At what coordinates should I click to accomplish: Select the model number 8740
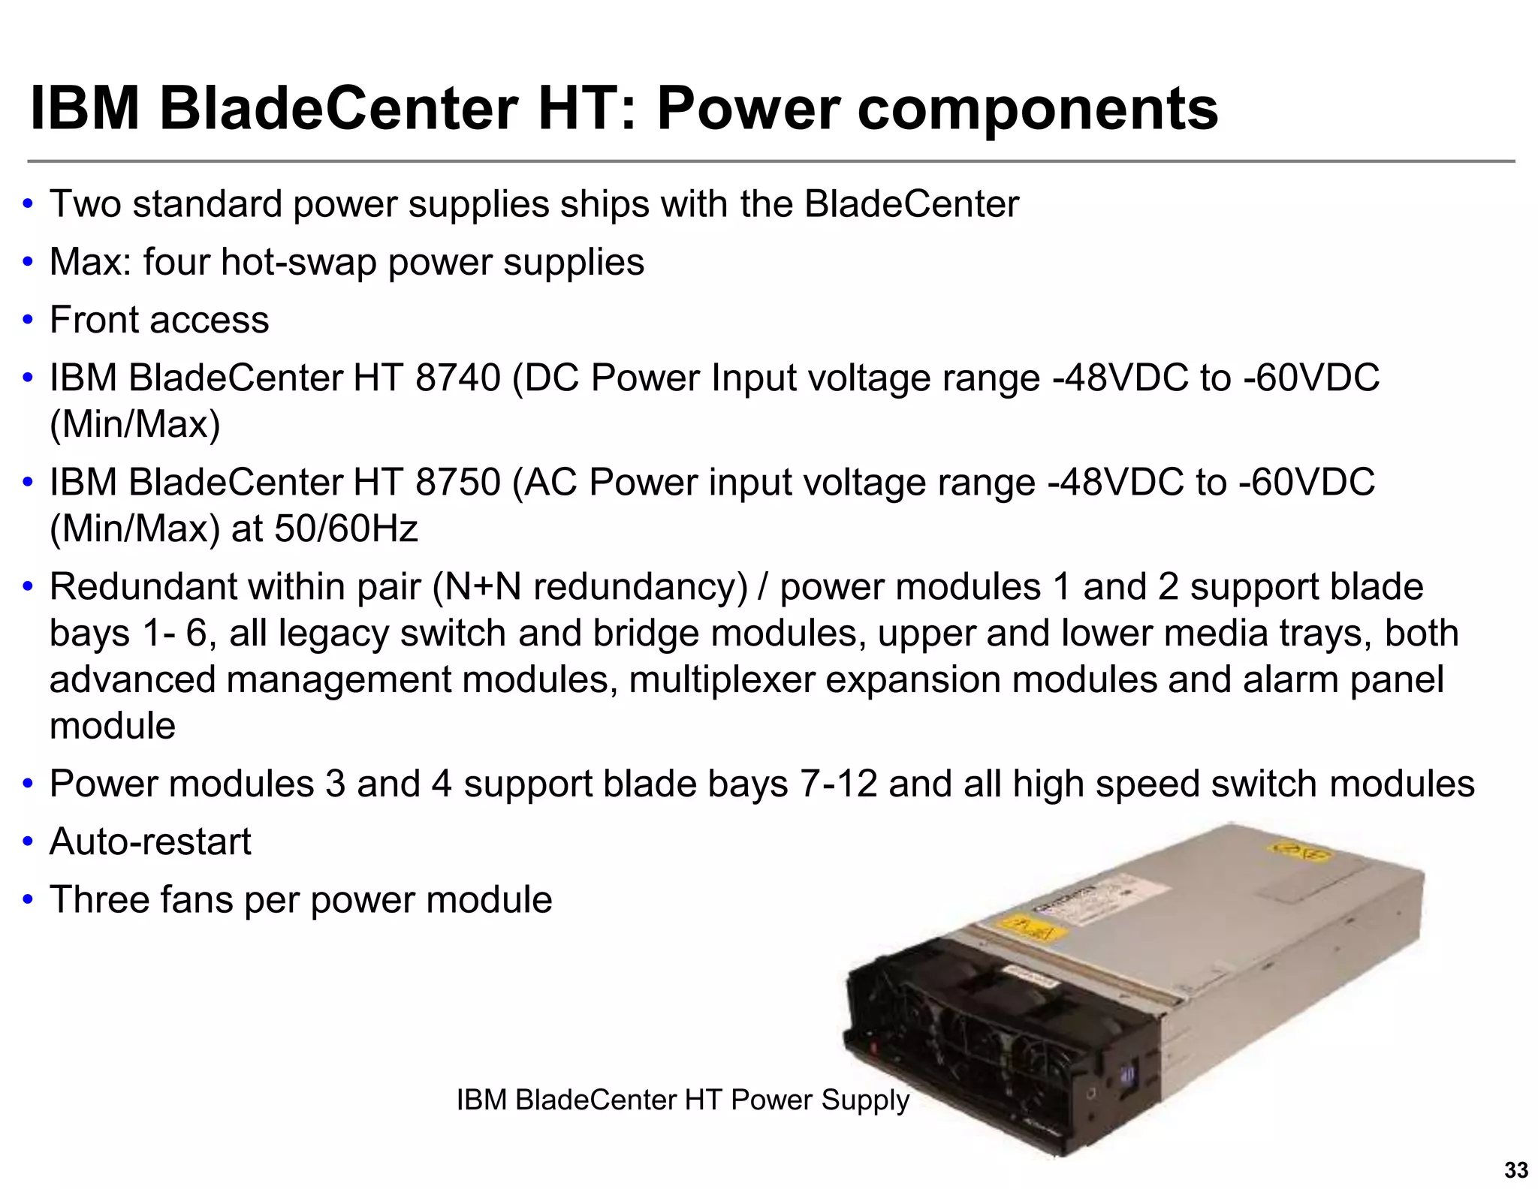[457, 378]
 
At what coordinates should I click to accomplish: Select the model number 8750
[457, 482]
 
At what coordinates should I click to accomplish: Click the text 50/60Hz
[346, 528]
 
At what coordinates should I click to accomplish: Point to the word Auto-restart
[150, 841]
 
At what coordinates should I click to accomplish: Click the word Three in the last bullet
[99, 899]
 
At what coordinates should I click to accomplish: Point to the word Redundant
[143, 586]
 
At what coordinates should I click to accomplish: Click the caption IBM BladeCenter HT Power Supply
[683, 1100]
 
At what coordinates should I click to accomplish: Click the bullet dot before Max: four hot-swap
[28, 263]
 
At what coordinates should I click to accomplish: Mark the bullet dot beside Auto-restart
[28, 842]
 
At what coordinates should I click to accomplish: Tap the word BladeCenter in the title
[339, 109]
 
